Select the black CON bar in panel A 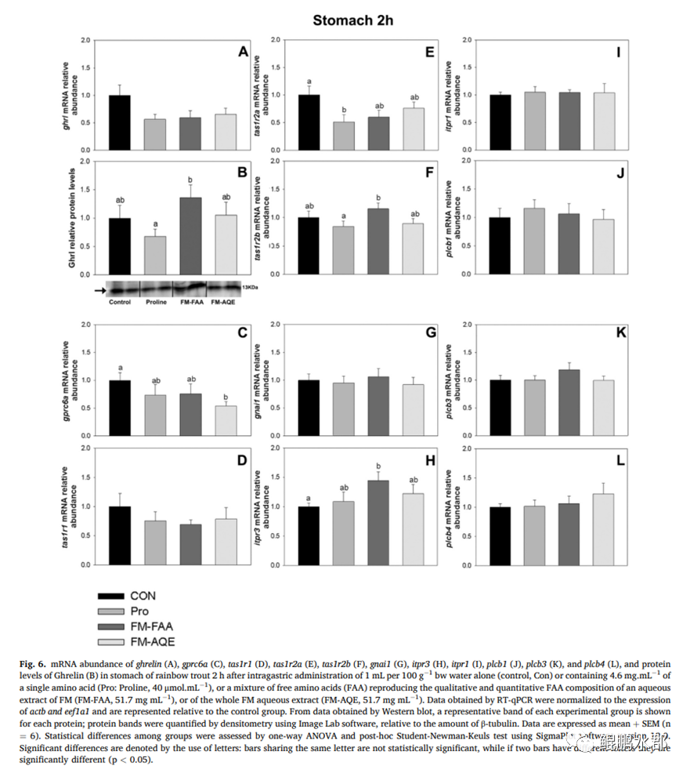tap(120, 122)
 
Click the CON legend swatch tap(111, 597)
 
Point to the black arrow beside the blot tap(97, 290)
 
